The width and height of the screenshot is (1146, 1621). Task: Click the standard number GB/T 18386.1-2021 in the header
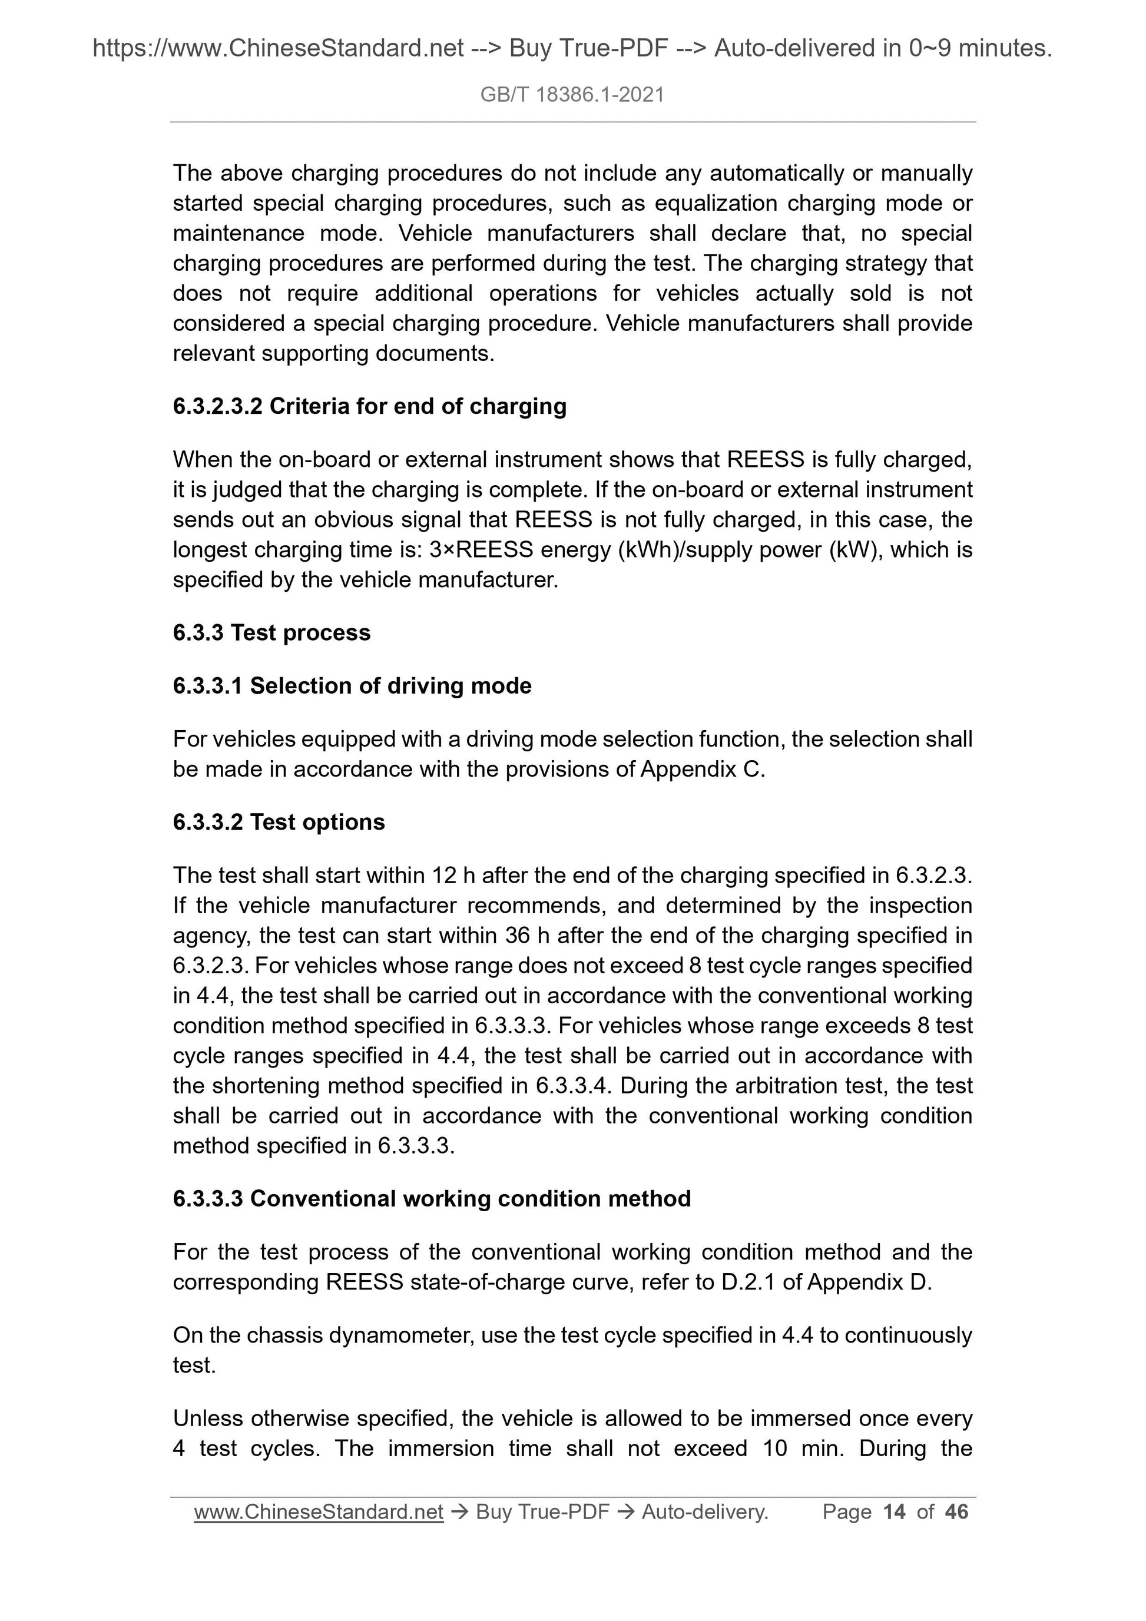coord(572,95)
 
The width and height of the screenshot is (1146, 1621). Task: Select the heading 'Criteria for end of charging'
coord(369,407)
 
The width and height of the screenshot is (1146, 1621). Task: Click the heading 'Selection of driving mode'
coord(352,685)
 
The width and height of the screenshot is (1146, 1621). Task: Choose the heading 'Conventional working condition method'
coord(432,1199)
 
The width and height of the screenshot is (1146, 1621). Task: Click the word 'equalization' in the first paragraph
coord(716,203)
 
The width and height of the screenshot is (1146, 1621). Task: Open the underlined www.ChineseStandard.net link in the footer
coord(319,1511)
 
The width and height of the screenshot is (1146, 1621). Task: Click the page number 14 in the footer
coord(894,1511)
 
